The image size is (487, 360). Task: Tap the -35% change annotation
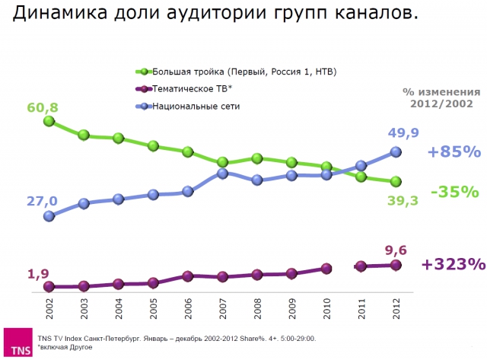[454, 192]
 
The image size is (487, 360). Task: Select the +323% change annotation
[453, 264]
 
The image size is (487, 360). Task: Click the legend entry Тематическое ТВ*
[190, 89]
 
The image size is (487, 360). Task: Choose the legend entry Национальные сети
[196, 106]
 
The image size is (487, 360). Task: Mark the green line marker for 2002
[49, 120]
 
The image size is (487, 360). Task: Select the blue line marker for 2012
[396, 151]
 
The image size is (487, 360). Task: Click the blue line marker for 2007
[222, 174]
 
